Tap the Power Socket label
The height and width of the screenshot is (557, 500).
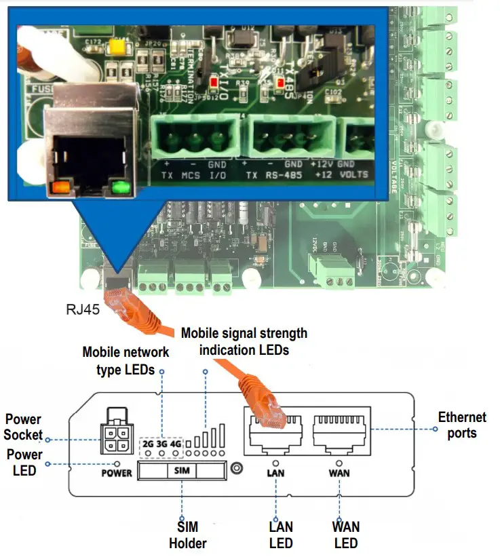[24, 427]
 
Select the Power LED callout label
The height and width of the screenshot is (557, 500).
[24, 463]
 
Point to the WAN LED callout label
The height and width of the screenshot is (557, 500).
[346, 535]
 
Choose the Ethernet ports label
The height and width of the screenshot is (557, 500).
[462, 425]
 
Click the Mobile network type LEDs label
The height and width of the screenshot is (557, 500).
[126, 360]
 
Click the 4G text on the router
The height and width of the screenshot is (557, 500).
[176, 444]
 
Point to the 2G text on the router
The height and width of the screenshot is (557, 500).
[148, 444]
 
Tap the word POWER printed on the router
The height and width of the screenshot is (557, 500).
[116, 472]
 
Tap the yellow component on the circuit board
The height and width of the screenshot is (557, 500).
[115, 47]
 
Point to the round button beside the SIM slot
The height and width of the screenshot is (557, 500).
[237, 469]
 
